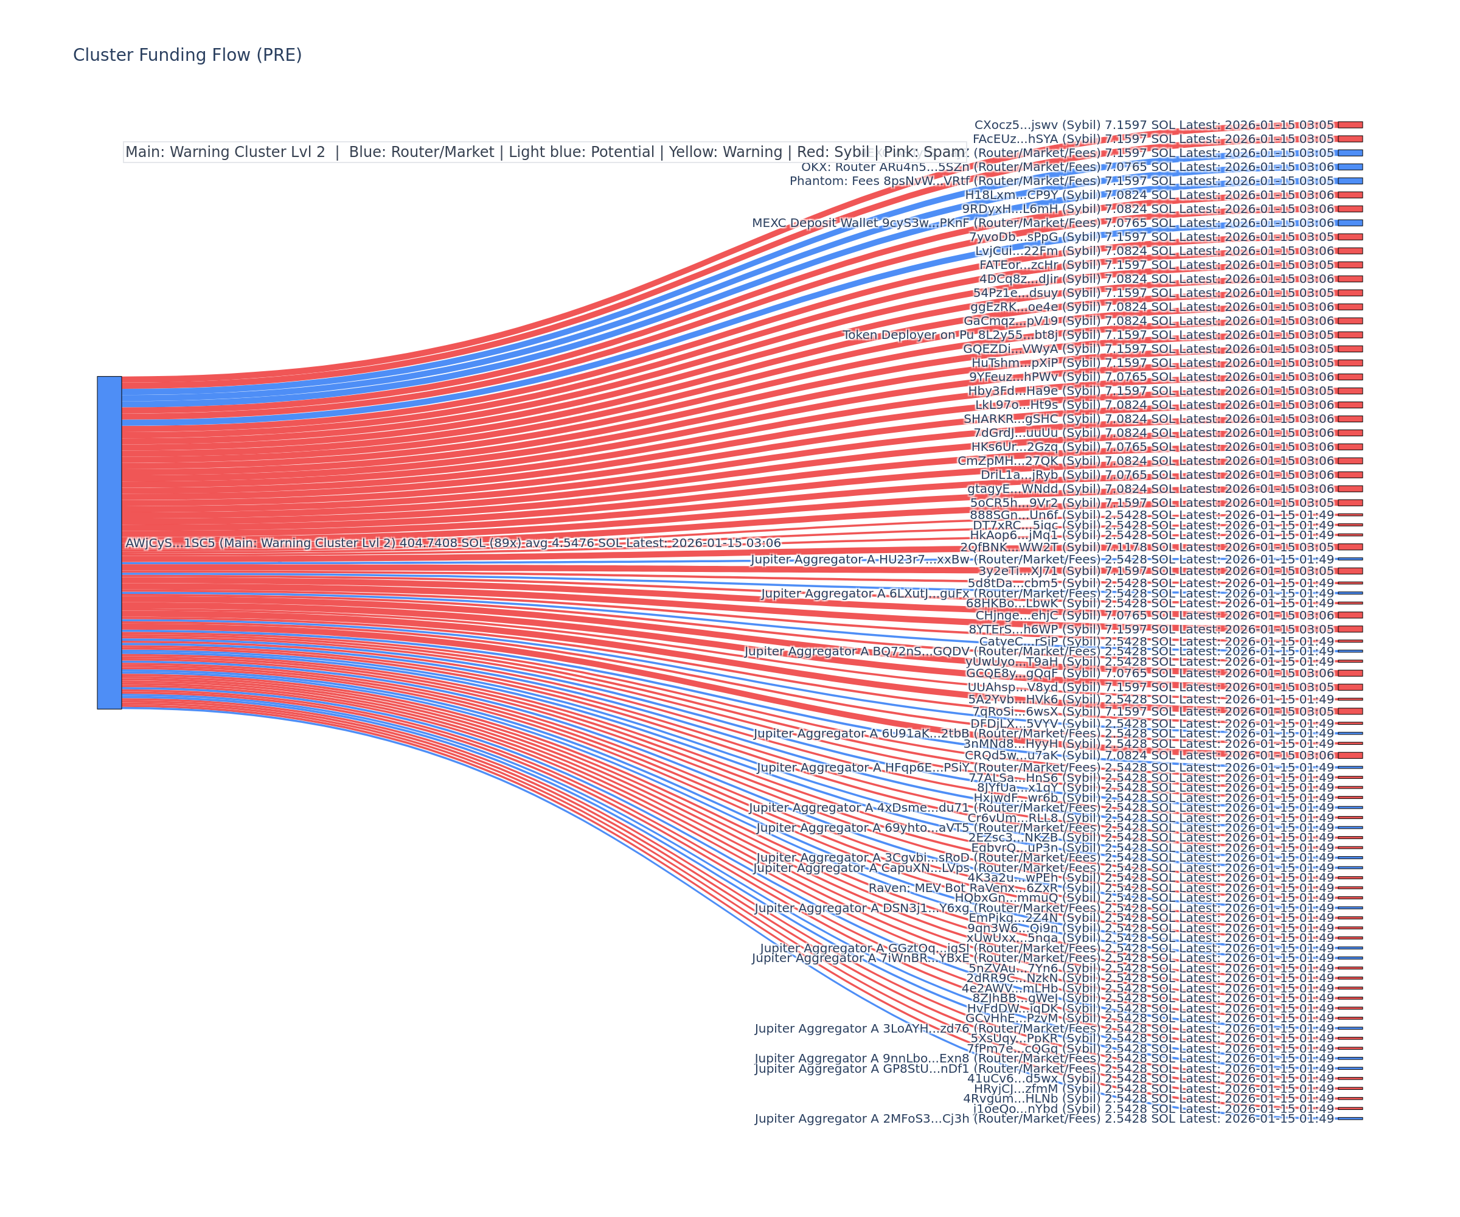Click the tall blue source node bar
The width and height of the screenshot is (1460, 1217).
[x=109, y=542]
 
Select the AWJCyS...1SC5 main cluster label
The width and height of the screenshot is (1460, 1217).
[x=453, y=543]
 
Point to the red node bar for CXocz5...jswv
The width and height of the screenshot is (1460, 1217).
[x=1350, y=125]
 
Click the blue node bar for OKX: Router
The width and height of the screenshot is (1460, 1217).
[x=1350, y=167]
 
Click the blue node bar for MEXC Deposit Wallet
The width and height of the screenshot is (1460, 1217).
[x=1350, y=223]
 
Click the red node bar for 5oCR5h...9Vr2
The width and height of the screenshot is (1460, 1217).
[x=1350, y=503]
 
